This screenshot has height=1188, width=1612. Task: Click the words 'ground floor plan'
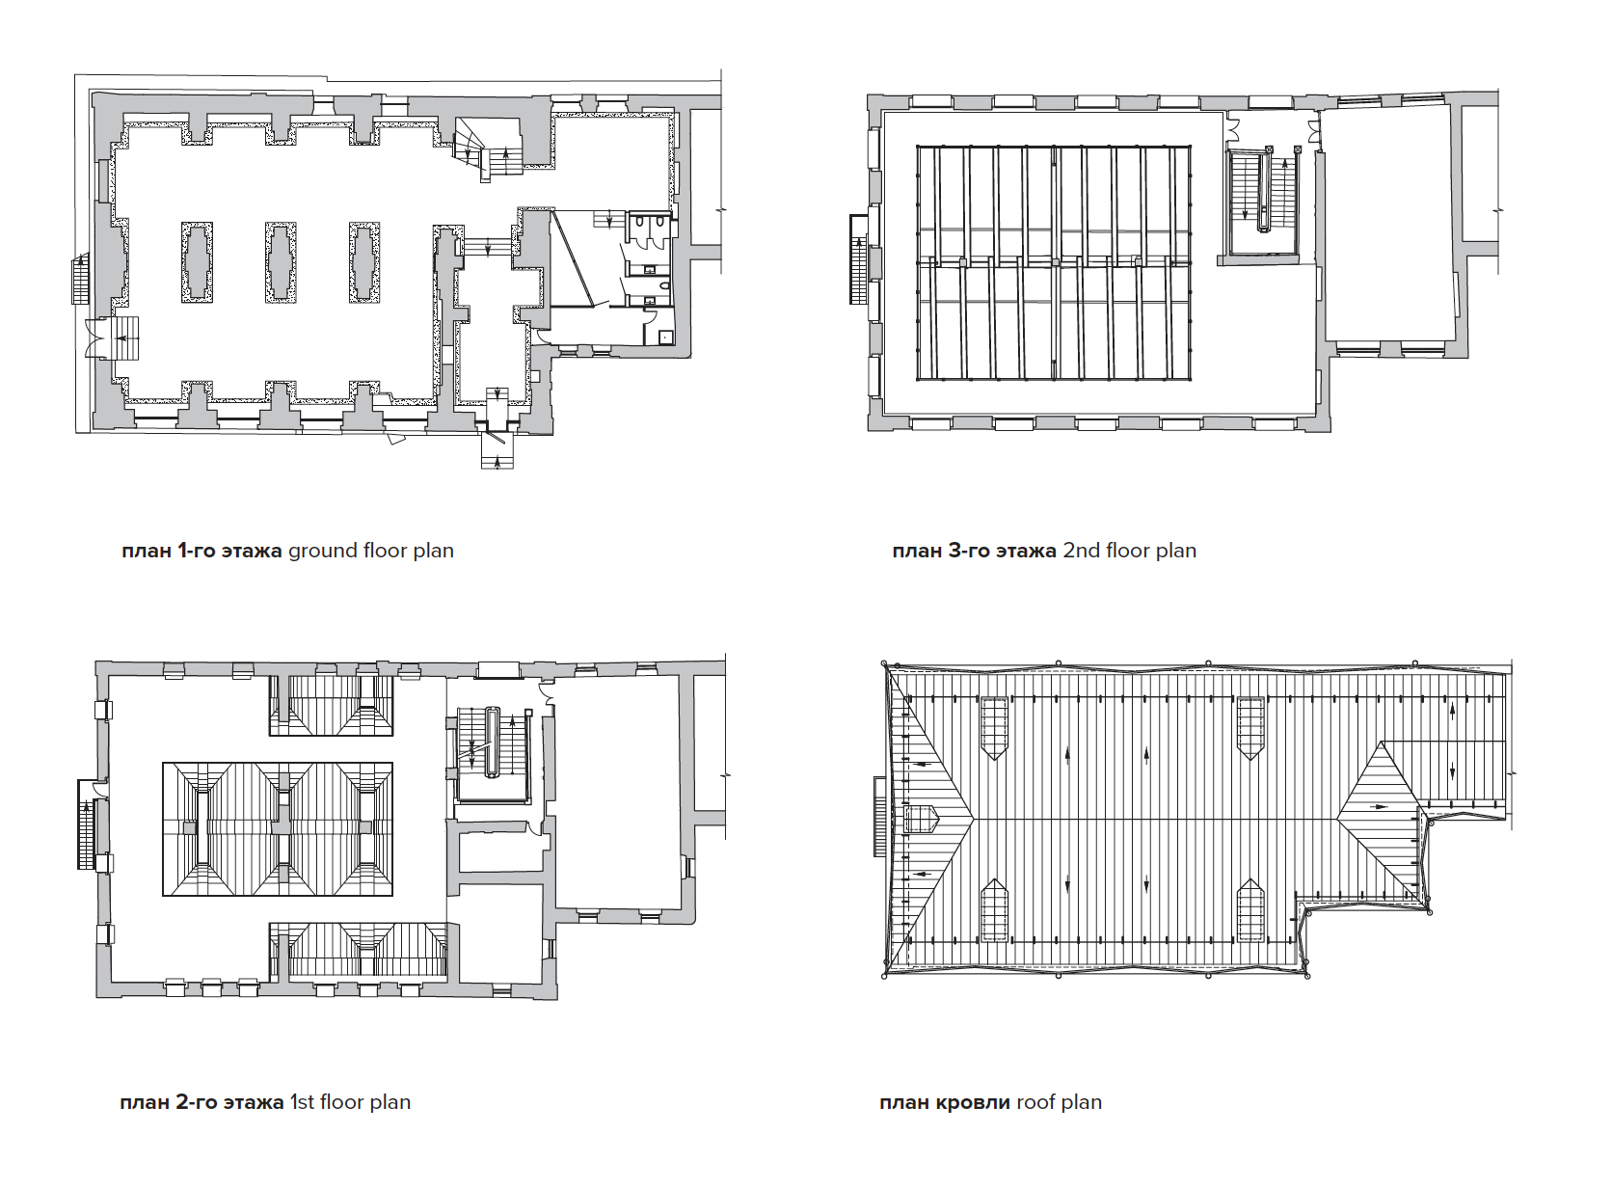click(370, 552)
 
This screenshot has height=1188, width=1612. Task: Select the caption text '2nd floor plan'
click(1129, 552)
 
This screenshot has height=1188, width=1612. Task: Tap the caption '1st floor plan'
click(350, 1102)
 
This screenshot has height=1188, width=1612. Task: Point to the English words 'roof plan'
click(1059, 1103)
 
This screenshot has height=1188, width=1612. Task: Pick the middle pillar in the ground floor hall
click(281, 262)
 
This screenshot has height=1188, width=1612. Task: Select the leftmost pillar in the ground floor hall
click(197, 262)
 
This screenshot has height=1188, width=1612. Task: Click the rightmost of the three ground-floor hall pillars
click(364, 262)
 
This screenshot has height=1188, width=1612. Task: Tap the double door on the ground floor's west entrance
click(95, 337)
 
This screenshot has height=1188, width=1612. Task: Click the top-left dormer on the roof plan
click(995, 727)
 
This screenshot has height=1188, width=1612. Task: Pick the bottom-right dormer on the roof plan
click(1251, 910)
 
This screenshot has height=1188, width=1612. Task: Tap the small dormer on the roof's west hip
click(922, 818)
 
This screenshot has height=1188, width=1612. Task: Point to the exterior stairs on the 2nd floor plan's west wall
click(858, 260)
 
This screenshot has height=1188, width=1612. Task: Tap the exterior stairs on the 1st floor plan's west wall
click(87, 824)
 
